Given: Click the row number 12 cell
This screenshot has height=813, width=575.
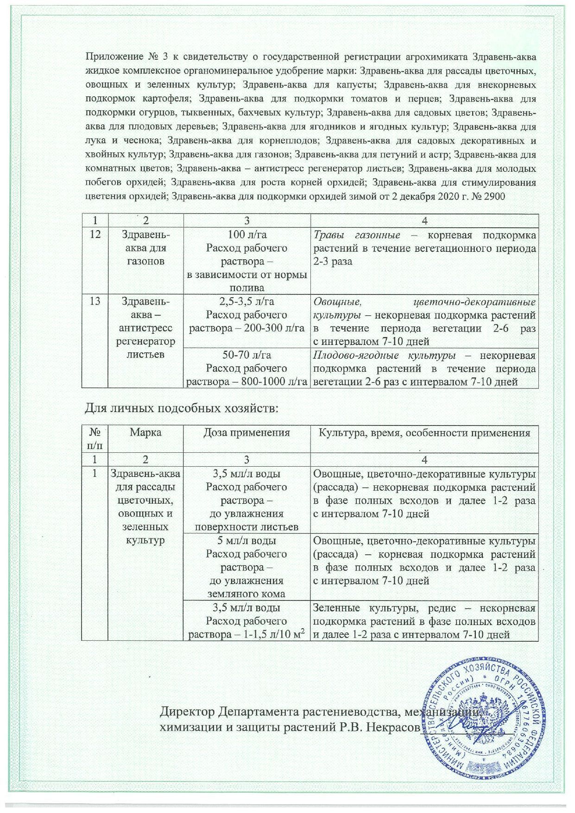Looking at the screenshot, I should click(95, 235).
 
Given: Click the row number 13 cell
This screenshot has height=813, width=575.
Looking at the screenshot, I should click(95, 302).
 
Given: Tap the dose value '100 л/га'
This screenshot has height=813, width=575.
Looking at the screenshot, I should click(247, 235).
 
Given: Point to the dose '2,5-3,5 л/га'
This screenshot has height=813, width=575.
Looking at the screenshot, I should click(247, 302).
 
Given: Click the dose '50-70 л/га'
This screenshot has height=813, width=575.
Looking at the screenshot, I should click(247, 356).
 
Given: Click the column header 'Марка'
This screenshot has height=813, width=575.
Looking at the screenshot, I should click(145, 433).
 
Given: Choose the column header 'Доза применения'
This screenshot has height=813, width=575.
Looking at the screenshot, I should click(247, 433).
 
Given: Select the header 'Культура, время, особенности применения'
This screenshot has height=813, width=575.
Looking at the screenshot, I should click(423, 433).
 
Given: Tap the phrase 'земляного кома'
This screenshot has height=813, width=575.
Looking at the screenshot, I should click(247, 594).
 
